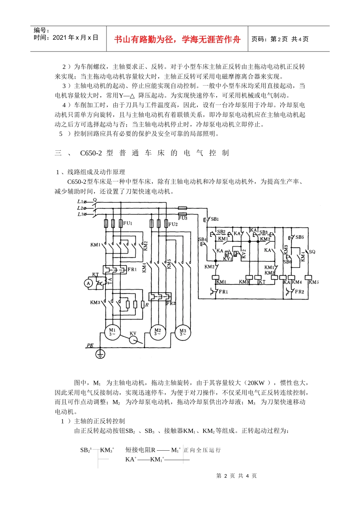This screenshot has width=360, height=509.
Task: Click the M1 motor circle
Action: click(112, 332)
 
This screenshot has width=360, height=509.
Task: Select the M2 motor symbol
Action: click(158, 332)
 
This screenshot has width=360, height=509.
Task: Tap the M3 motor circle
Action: click(183, 332)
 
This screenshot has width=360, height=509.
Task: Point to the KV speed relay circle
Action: click(133, 339)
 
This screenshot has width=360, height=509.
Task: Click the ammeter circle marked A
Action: click(88, 283)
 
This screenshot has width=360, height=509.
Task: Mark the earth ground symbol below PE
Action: click(100, 354)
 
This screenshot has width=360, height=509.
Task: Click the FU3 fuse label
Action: click(182, 218)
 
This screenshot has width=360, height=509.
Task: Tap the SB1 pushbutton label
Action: click(214, 219)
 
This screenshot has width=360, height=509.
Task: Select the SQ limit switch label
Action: click(312, 252)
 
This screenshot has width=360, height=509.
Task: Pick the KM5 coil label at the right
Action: click(314, 282)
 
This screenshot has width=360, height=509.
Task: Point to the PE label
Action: click(90, 345)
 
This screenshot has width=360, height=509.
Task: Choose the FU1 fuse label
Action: click(128, 223)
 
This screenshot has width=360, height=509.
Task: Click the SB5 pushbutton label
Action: click(299, 237)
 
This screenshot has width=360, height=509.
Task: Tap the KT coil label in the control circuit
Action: click(262, 282)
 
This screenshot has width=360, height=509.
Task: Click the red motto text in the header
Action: click(177, 39)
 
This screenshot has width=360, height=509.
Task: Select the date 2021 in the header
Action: click(59, 37)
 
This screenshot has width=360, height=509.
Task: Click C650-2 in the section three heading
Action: click(91, 153)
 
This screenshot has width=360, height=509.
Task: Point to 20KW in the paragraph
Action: click(257, 383)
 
